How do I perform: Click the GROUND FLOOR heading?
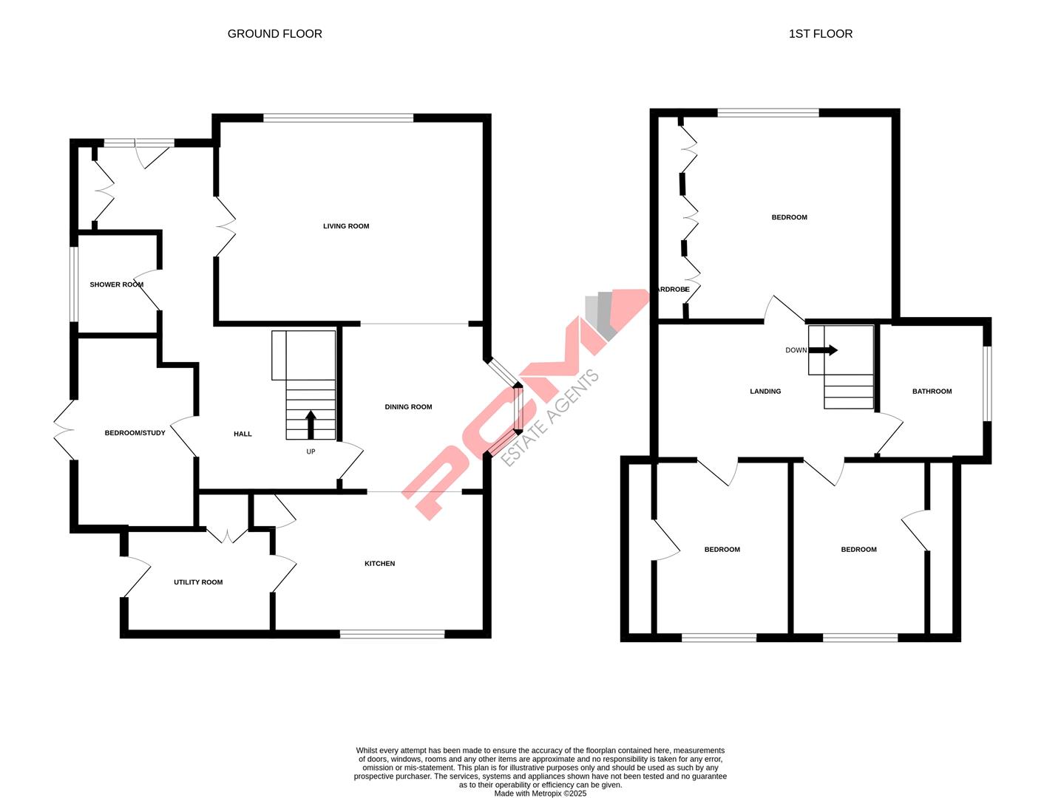[x=274, y=34]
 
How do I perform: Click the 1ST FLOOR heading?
[x=820, y=34]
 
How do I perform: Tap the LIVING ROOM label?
[x=346, y=226]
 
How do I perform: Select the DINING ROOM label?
[x=408, y=407]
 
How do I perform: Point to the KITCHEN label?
[x=379, y=564]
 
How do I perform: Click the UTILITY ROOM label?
[x=198, y=582]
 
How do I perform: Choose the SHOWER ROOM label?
[x=116, y=284]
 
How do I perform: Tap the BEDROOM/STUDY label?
[x=135, y=433]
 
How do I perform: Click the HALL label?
[x=243, y=434]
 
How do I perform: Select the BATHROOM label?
[x=932, y=392]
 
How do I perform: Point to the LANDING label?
[x=765, y=392]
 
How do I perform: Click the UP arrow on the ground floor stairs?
[x=311, y=425]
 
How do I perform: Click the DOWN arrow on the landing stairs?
[x=824, y=350]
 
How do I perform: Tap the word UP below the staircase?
[x=311, y=451]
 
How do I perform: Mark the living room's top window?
[x=339, y=117]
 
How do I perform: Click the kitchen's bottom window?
[x=392, y=633]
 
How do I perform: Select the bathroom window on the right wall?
[x=986, y=384]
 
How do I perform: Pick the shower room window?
[x=74, y=284]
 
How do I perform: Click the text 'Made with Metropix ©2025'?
[x=540, y=794]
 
